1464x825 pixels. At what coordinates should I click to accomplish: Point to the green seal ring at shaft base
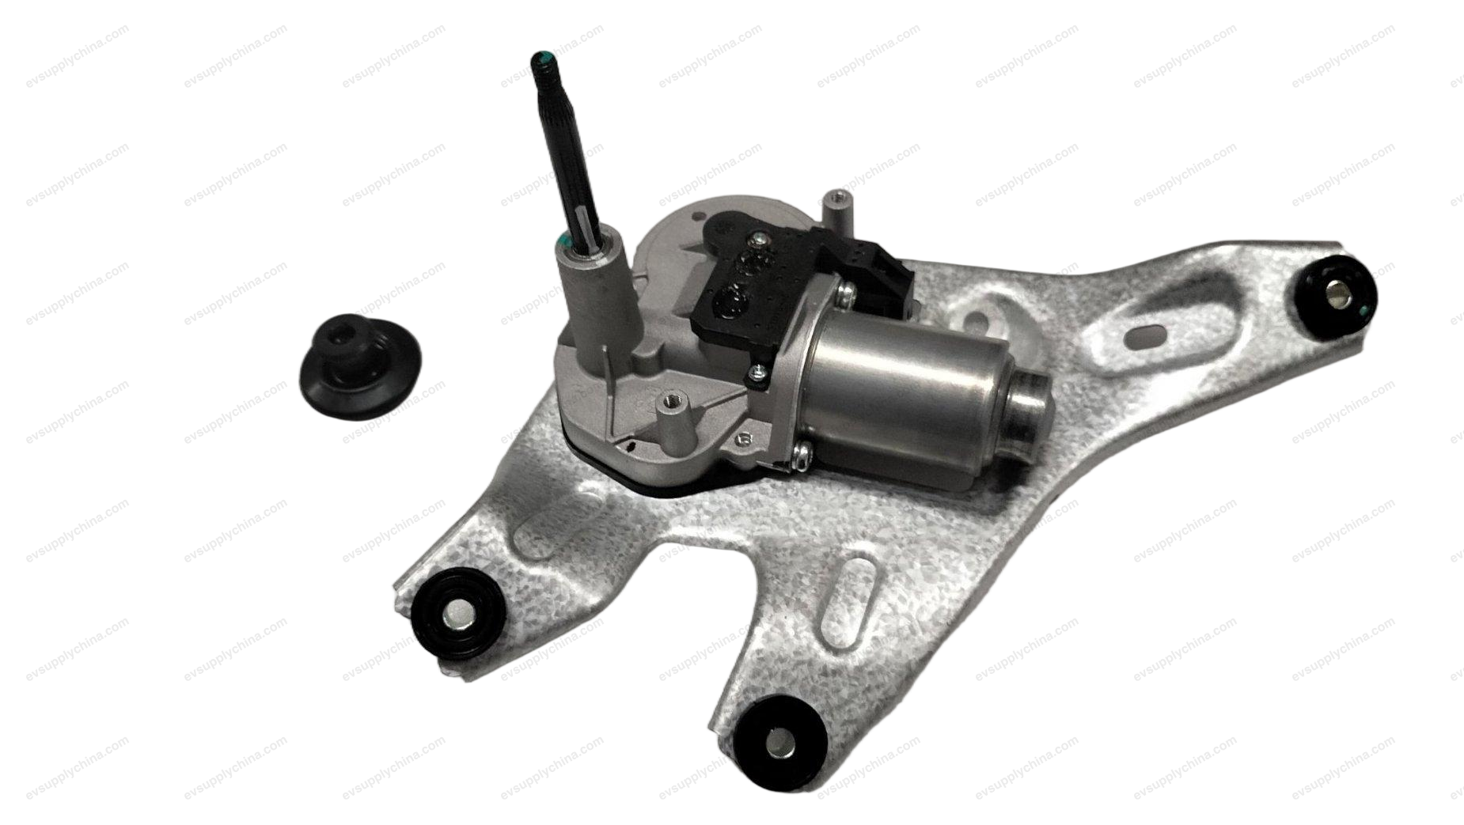(567, 240)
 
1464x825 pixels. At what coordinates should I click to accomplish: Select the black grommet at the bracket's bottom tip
(776, 744)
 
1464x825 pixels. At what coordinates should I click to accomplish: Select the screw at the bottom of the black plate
(756, 372)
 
